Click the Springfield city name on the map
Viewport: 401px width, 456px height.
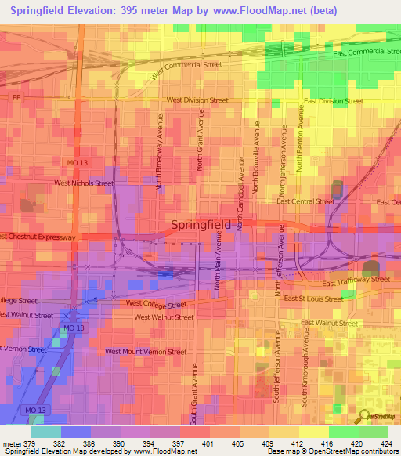coord(200,226)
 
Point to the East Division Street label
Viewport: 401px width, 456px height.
coord(334,101)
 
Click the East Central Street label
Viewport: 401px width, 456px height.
coord(305,201)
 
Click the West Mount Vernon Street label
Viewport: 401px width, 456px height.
coord(146,352)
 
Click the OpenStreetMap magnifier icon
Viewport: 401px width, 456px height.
coord(363,417)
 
